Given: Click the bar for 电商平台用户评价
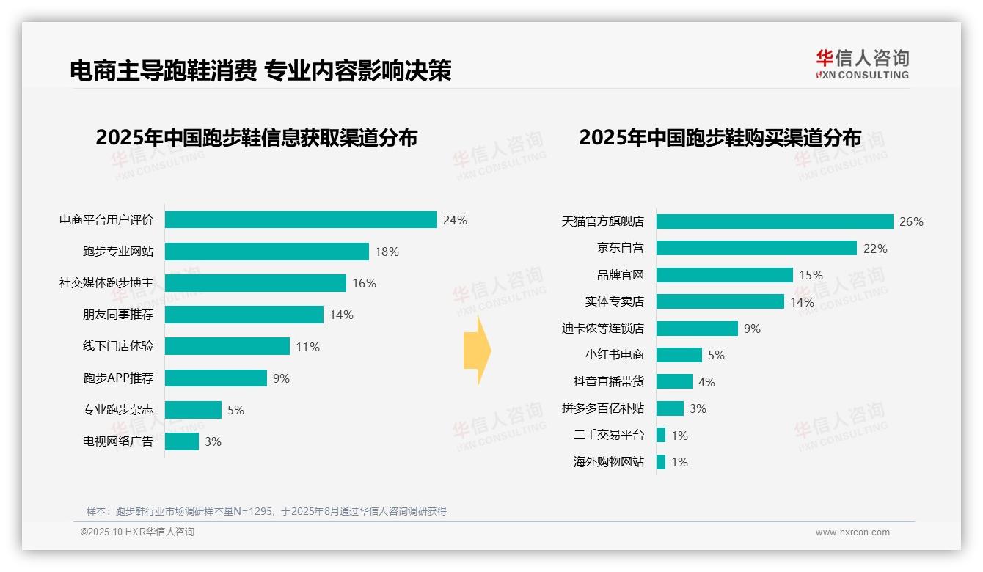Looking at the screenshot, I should tap(301, 220).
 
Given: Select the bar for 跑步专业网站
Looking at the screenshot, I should tap(266, 252).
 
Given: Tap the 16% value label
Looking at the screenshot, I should tap(365, 283).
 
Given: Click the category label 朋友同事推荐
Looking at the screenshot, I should tap(118, 315).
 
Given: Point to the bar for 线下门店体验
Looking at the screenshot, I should tap(227, 346).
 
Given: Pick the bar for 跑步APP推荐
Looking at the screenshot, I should tap(216, 378).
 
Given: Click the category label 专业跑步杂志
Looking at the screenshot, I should tap(118, 410).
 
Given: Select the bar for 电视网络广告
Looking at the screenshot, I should tap(181, 441).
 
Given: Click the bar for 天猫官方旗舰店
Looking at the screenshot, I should tap(775, 221).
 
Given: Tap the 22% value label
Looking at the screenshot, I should tap(875, 249).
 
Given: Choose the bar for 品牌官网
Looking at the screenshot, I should tap(724, 275).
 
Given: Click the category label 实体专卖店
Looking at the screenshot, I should tap(614, 301).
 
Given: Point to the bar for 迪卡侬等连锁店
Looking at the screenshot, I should tap(697, 329).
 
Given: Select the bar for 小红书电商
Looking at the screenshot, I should tap(679, 355).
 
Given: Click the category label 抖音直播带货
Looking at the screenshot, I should tap(608, 382).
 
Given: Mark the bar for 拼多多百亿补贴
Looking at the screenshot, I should tap(670, 408).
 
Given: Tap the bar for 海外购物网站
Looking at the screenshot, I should tap(661, 462).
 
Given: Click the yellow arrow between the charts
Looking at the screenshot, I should tap(478, 351).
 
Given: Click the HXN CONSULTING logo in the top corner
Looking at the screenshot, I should tap(862, 65).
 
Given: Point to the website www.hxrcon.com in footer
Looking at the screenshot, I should tap(852, 532).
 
